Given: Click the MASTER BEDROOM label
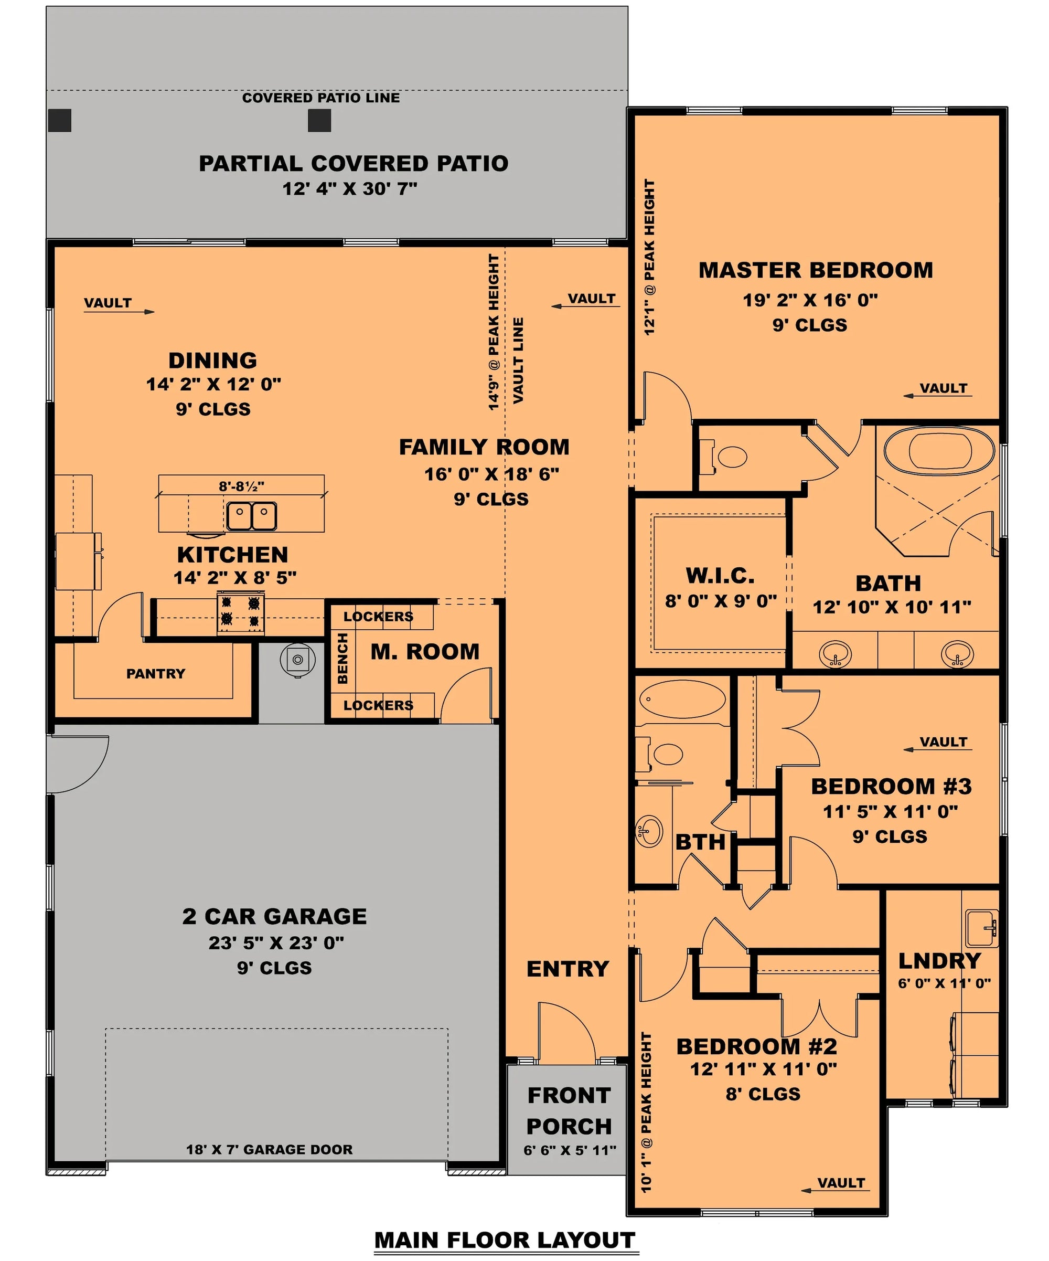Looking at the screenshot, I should [815, 271].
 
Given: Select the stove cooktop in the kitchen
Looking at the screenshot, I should [241, 612].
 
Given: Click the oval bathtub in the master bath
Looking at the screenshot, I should [939, 451].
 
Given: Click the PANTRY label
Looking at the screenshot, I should [155, 674].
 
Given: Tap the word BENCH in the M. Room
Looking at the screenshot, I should [342, 658].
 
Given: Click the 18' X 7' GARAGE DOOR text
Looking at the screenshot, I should [269, 1149].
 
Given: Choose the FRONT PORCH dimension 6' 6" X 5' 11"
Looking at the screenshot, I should [570, 1150].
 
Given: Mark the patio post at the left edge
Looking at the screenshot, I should [60, 120].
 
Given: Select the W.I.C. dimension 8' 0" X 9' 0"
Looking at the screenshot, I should [721, 601].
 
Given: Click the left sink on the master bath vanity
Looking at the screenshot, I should [835, 653].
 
